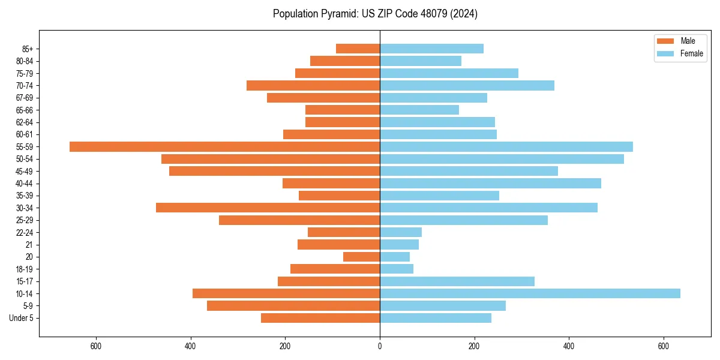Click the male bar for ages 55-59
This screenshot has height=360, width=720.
point(224,146)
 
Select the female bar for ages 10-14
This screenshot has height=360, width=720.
point(530,293)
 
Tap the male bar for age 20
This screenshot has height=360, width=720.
point(361,257)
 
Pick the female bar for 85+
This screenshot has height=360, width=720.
point(431,49)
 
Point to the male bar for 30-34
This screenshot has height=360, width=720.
point(268,208)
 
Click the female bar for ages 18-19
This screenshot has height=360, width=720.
point(397,269)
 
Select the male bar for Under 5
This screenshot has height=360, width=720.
point(320,318)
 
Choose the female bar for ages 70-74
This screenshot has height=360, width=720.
point(467,85)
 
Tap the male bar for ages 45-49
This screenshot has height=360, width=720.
point(274,171)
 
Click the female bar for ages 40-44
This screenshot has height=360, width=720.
point(490,183)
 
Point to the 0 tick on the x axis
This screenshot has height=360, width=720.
point(380,346)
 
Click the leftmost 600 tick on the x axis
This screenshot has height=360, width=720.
point(95,346)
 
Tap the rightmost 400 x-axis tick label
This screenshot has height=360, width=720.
point(569,346)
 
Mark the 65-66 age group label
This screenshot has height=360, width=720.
point(25,110)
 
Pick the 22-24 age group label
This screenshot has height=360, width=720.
point(25,232)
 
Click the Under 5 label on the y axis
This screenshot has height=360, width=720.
point(22,318)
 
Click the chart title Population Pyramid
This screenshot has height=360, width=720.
point(375,14)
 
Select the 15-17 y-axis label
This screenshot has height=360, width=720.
point(25,281)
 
